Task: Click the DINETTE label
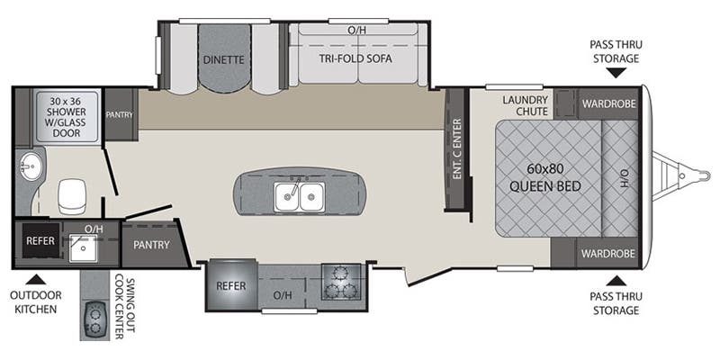(224, 60)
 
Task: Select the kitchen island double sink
(301, 192)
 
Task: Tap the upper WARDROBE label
(608, 103)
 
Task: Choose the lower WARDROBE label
(608, 253)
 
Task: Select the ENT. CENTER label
(457, 148)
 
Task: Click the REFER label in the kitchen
(231, 285)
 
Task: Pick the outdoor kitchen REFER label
(40, 241)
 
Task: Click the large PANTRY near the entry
(151, 244)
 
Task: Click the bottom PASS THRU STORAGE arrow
(615, 281)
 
